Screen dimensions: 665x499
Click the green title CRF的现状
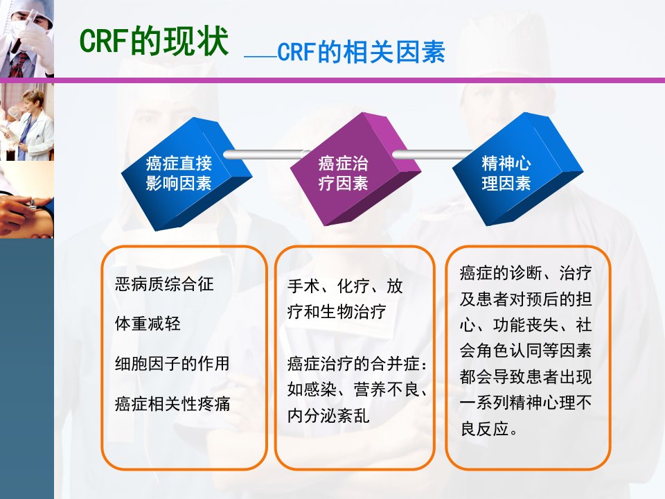coord(154,41)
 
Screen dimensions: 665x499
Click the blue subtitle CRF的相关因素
coord(361,52)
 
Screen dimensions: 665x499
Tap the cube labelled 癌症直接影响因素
coord(186,174)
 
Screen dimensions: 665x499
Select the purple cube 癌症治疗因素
coord(355,169)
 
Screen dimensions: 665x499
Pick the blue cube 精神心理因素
coord(518,169)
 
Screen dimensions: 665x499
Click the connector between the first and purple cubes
coord(266,155)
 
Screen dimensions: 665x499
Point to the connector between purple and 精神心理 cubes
coord(432,155)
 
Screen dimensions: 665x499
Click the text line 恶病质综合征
coord(164,284)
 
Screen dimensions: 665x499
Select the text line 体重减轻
coord(148,324)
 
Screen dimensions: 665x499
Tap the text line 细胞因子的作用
coord(172,364)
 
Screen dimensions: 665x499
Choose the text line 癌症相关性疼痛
coord(172,403)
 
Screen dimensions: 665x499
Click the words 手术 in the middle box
coord(303,286)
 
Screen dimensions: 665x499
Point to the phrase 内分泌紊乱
coord(328,415)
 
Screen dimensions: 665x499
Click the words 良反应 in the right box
coord(484,428)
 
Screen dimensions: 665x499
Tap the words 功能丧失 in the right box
coord(526,325)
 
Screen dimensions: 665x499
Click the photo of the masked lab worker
coord(27,39)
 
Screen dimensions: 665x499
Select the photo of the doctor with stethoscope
coord(27,122)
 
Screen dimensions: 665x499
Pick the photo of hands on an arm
coord(27,200)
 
